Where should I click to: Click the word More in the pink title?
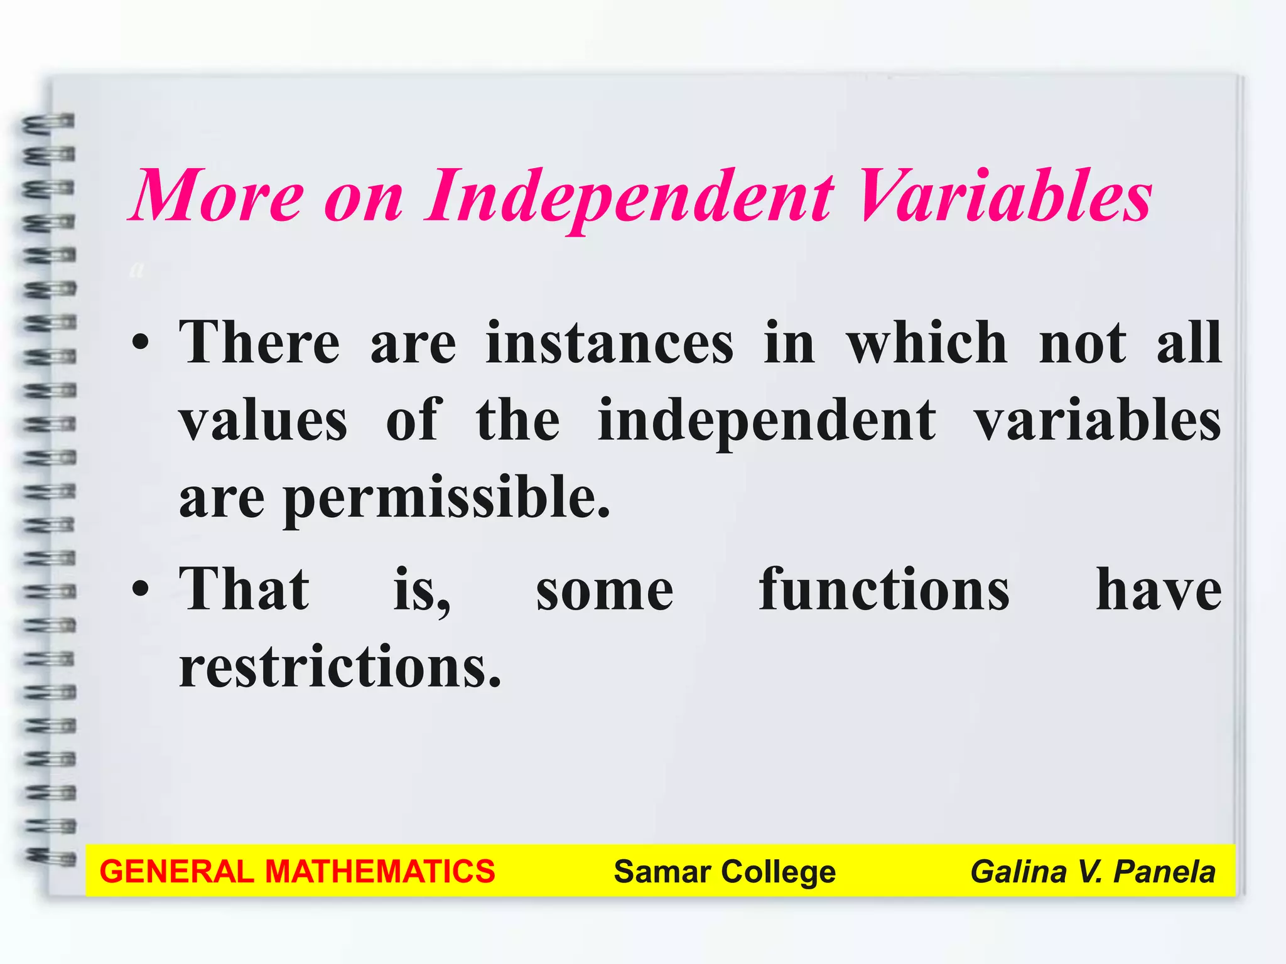coord(217,196)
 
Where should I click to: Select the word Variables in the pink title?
coord(1004,196)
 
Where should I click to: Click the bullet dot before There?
coord(141,344)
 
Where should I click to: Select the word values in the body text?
coord(263,420)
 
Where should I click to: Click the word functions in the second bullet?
coord(883,589)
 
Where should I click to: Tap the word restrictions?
coord(340,667)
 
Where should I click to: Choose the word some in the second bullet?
coord(604,591)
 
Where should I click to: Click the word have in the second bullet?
coord(1159,589)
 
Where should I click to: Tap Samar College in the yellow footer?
coord(725,872)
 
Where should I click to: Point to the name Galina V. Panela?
coord(1093,872)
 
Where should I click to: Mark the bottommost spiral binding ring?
coord(50,856)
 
